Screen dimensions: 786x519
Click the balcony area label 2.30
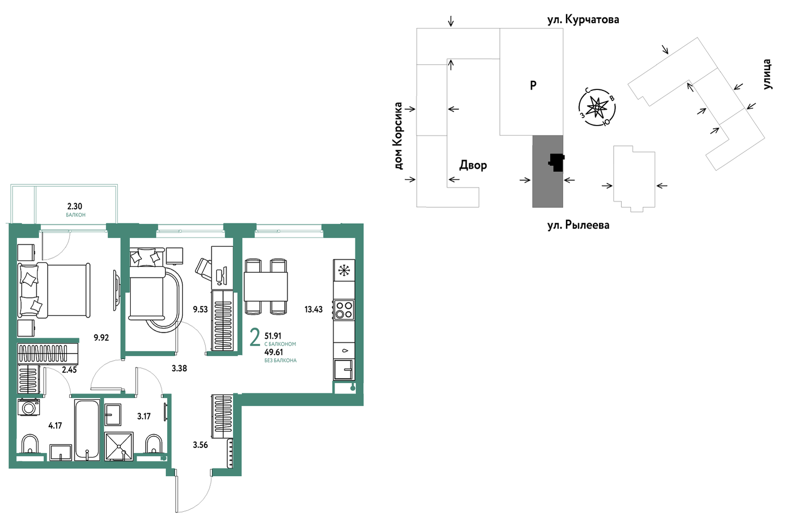[x=75, y=206]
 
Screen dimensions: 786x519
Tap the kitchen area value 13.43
[x=313, y=309]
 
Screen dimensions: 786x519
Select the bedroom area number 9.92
[x=101, y=338]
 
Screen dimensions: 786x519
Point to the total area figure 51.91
[x=273, y=336]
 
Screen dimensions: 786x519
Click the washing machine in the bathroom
[x=29, y=407]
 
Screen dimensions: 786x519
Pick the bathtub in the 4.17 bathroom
[x=87, y=430]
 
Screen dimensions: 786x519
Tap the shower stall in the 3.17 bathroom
[x=119, y=446]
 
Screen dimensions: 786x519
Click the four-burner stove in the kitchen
[x=344, y=310]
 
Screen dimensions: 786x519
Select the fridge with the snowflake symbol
[x=344, y=270]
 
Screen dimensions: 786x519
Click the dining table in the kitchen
[x=266, y=286]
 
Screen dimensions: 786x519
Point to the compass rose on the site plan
[x=597, y=107]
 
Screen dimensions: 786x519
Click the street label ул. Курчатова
[x=583, y=20]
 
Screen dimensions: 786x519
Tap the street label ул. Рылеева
[x=578, y=225]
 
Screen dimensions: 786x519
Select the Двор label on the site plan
[x=473, y=165]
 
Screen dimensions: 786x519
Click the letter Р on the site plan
[x=533, y=85]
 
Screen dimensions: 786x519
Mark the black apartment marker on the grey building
[x=557, y=163]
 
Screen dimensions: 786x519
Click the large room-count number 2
[x=255, y=337]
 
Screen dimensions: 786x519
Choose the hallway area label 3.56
[x=200, y=445]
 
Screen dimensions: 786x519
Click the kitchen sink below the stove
[x=344, y=369]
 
